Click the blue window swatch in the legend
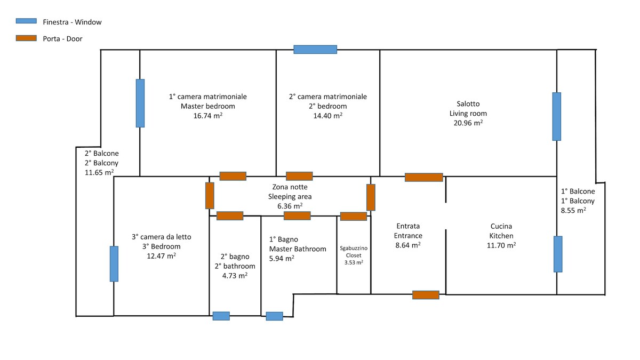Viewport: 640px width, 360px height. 26,21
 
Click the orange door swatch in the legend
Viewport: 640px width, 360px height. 26,38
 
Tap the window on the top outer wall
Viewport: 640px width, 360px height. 315,50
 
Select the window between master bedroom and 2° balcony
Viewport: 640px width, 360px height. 140,103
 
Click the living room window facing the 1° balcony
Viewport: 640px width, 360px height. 557,117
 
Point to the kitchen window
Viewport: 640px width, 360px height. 558,254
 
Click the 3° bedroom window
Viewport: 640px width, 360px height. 114,263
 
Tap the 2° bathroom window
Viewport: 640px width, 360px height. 221,316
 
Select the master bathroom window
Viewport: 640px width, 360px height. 274,316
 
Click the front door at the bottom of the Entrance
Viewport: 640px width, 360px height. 426,295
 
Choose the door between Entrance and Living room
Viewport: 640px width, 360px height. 424,178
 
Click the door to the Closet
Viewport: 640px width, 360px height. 354,217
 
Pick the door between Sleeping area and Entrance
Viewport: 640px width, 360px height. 371,197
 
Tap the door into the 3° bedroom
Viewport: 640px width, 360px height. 210,196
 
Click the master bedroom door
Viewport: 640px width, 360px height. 233,176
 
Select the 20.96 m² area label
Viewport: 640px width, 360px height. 468,123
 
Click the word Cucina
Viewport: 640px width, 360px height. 501,226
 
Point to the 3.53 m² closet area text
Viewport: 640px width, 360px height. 354,262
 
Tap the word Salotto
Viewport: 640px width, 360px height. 468,103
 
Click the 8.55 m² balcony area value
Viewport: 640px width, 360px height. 573,210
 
